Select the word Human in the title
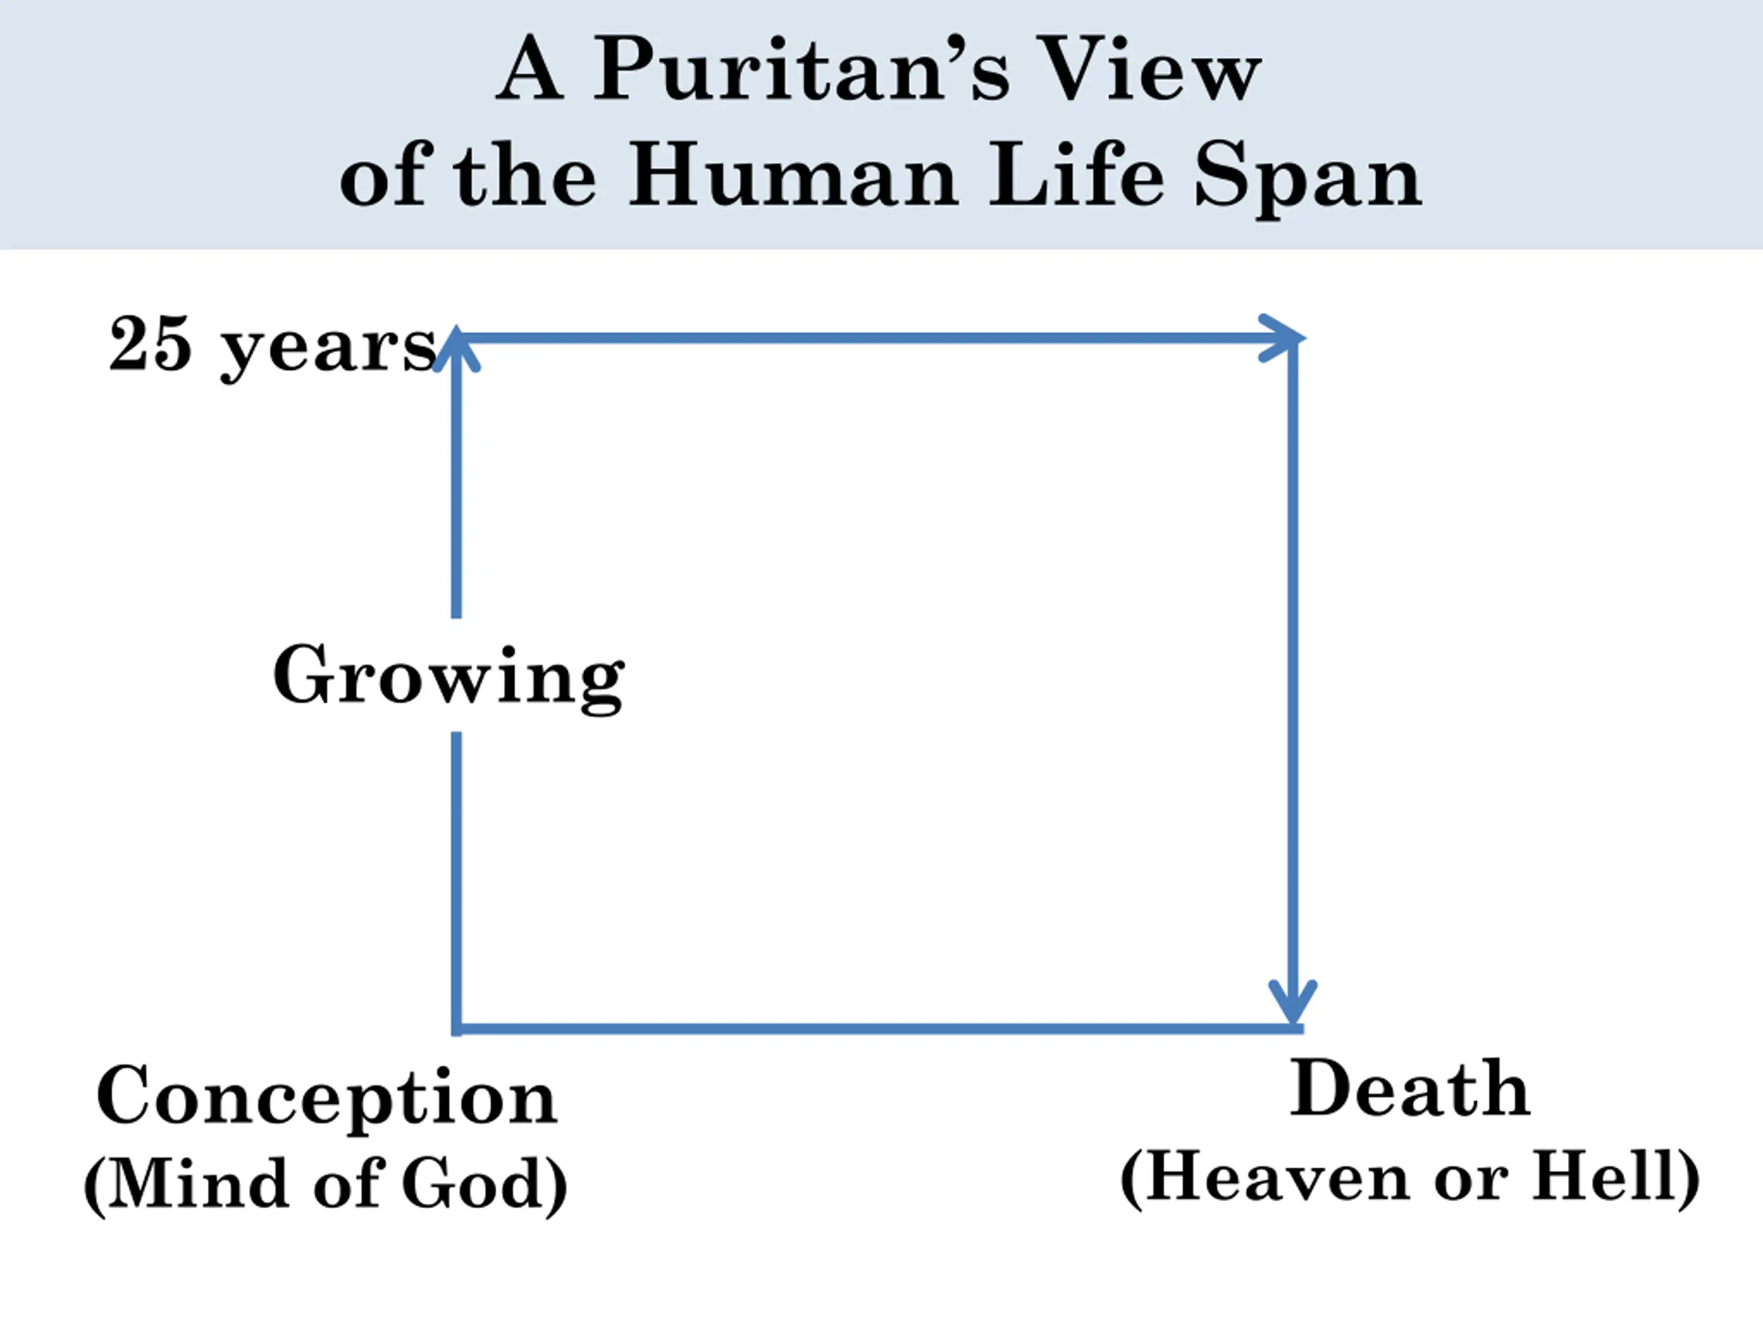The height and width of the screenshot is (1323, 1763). [793, 176]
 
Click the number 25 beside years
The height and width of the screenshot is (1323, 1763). [151, 344]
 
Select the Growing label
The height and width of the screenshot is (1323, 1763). [448, 677]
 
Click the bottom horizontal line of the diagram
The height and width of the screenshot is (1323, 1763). [877, 1029]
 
